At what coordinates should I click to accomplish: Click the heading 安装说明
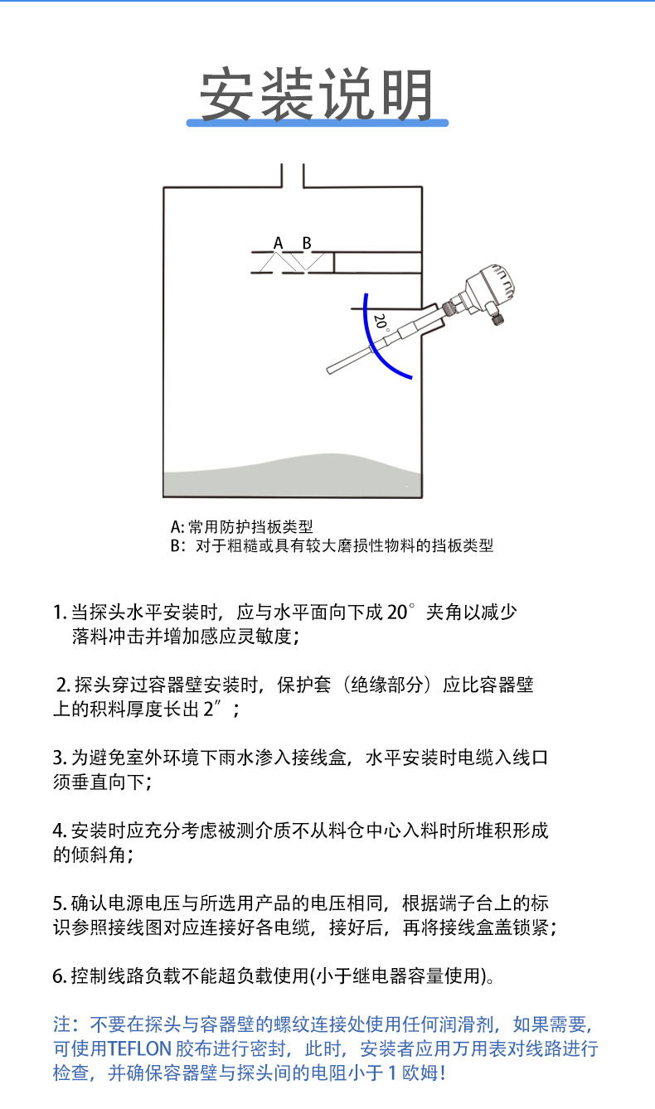(318, 95)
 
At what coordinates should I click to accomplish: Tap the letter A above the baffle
(279, 243)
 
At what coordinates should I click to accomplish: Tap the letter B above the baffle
(307, 243)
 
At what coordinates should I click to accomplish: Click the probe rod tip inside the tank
(332, 370)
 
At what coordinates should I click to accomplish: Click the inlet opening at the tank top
(293, 176)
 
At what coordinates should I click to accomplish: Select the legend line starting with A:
(241, 526)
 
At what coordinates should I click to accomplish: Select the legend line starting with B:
(332, 546)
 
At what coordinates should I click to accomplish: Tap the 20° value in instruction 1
(400, 613)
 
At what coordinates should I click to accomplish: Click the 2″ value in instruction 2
(213, 709)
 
